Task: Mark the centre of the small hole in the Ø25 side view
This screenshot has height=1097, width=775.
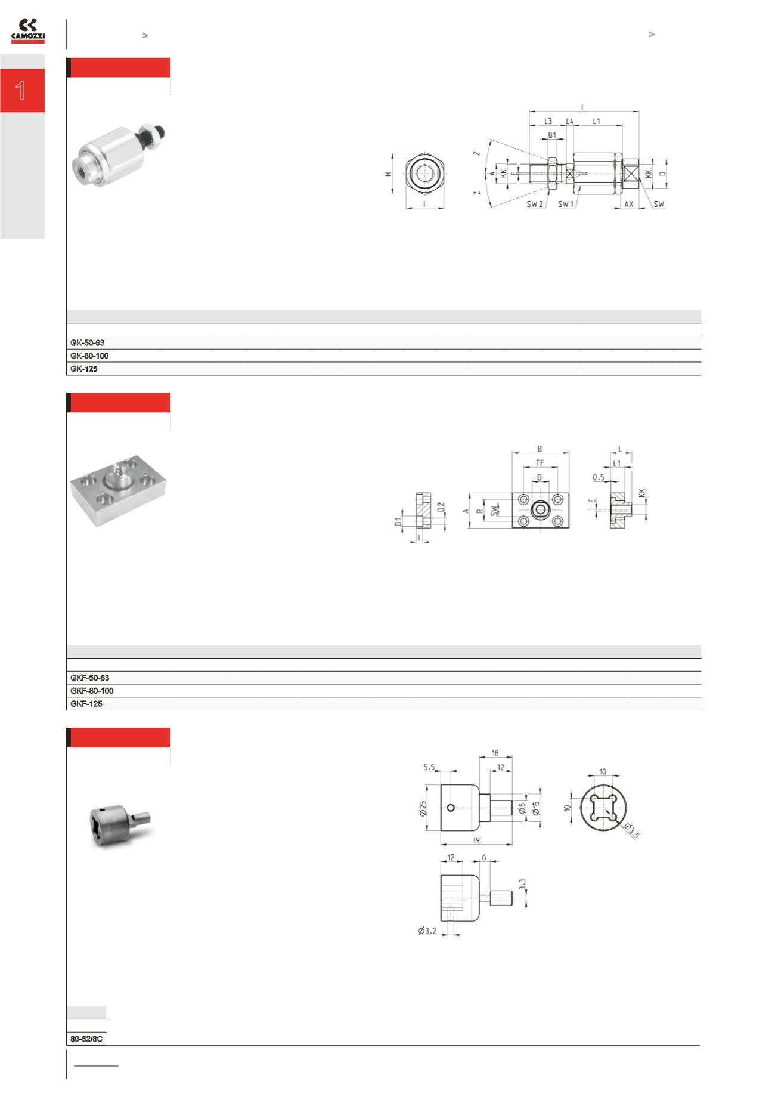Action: (x=451, y=808)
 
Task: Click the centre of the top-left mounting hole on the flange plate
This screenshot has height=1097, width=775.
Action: (x=524, y=499)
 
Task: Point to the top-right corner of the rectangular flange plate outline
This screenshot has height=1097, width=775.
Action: (x=569, y=493)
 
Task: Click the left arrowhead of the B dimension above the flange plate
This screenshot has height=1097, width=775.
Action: (x=514, y=453)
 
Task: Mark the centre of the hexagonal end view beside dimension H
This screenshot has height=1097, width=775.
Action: (x=424, y=173)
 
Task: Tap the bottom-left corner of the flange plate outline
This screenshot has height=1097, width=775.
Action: (x=512, y=528)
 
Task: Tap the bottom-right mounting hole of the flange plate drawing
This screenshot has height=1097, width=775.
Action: (x=557, y=521)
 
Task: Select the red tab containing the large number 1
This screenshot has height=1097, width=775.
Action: (x=22, y=90)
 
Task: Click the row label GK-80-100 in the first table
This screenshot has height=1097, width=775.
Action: (x=89, y=356)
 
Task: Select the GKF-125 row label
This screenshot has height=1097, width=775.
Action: (x=86, y=704)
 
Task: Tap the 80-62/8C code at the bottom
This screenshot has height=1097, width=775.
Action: (x=86, y=1039)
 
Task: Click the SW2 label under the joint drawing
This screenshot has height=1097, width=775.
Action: (x=535, y=204)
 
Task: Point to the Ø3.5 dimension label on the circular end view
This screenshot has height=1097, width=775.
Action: (x=631, y=830)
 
